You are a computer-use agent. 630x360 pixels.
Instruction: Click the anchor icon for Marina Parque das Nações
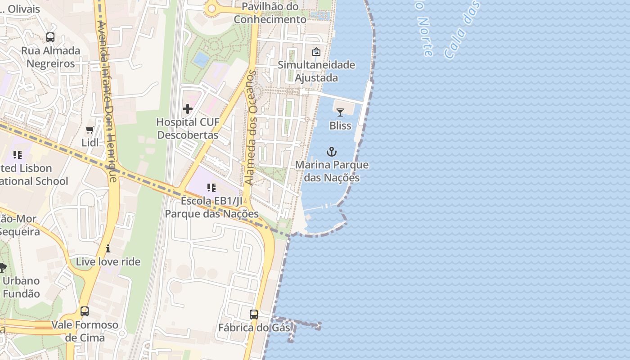pyautogui.click(x=332, y=152)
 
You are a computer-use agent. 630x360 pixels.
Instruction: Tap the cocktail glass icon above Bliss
pyautogui.click(x=340, y=112)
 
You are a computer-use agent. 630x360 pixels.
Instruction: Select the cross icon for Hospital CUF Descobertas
pyautogui.click(x=188, y=108)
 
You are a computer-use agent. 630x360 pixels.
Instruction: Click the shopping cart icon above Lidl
pyautogui.click(x=90, y=130)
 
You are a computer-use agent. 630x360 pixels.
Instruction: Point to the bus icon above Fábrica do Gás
pyautogui.click(x=254, y=314)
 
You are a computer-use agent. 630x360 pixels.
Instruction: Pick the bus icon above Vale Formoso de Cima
pyautogui.click(x=85, y=311)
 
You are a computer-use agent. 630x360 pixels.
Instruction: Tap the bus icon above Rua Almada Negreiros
pyautogui.click(x=50, y=37)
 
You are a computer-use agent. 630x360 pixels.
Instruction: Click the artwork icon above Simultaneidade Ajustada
pyautogui.click(x=316, y=52)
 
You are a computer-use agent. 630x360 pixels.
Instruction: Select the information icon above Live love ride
pyautogui.click(x=108, y=248)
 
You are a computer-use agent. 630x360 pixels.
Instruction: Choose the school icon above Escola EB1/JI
pyautogui.click(x=211, y=187)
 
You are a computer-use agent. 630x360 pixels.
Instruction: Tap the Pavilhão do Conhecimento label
pyautogui.click(x=270, y=13)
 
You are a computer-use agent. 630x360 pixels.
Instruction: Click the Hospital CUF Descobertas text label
pyautogui.click(x=188, y=128)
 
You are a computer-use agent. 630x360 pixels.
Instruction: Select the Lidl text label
pyautogui.click(x=90, y=143)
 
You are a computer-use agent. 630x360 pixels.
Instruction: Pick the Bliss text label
pyautogui.click(x=340, y=126)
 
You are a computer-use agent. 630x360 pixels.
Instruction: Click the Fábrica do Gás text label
pyautogui.click(x=254, y=328)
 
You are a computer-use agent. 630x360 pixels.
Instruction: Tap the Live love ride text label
pyautogui.click(x=108, y=261)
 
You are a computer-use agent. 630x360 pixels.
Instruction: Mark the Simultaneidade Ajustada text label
pyautogui.click(x=316, y=71)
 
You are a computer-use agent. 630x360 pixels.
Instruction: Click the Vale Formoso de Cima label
pyautogui.click(x=85, y=331)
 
